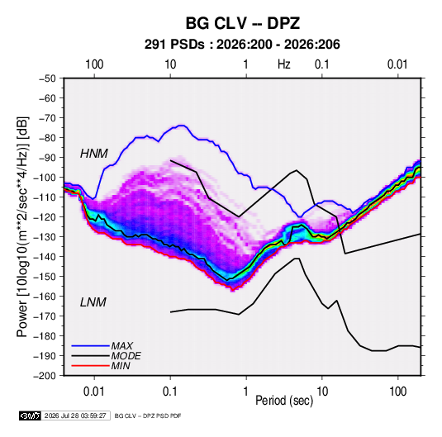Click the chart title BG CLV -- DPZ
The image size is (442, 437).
pos(242,23)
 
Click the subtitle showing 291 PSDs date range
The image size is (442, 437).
pos(242,45)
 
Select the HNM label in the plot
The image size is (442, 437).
pos(94,154)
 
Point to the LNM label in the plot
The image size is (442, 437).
pos(93,302)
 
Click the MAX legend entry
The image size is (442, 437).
pos(121,345)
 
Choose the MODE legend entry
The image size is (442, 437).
pos(126,356)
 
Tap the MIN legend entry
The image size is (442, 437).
pos(121,366)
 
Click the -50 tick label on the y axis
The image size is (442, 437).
pos(47,78)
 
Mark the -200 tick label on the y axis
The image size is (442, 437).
pos(45,376)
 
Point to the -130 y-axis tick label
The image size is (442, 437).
pos(45,237)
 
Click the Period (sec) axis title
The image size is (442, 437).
pos(284,401)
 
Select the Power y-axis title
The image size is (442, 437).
pos(22,227)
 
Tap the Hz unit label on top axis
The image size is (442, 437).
pos(284,64)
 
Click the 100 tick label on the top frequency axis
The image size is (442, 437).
pos(94,64)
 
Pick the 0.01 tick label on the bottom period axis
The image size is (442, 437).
pos(94,392)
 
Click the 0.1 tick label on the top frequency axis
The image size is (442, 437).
pos(322,64)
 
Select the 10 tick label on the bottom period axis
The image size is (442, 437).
pos(322,392)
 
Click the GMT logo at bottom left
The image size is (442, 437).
pos(30,416)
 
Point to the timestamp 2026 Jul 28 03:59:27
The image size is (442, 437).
pos(75,416)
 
